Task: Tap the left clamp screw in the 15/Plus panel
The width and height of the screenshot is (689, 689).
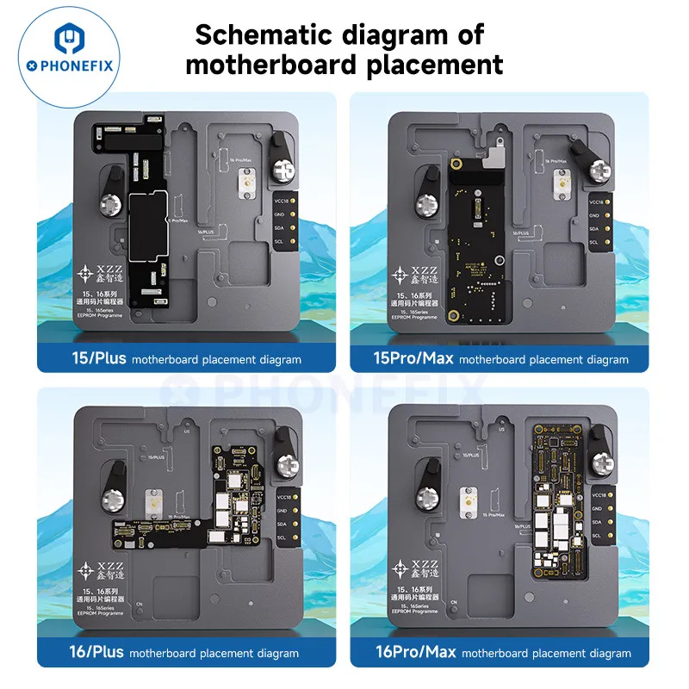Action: coord(110,205)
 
